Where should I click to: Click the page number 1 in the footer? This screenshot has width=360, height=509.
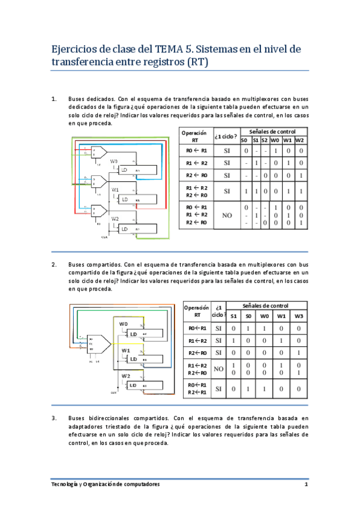point(306,484)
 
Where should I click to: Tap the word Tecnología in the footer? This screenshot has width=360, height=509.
point(67,484)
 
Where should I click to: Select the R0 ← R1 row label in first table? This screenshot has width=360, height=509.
point(196,151)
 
